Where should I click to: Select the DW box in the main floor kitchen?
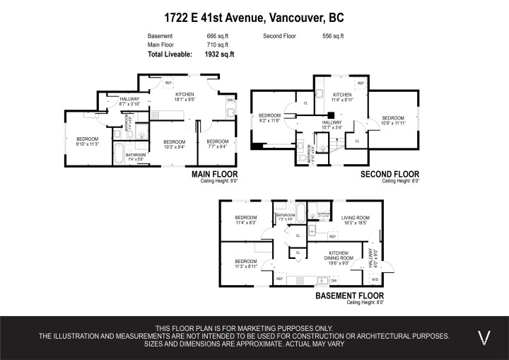click(230, 100)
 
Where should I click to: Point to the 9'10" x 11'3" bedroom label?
click(87, 141)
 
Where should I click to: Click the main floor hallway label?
click(129, 101)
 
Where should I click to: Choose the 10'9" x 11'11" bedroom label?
click(392, 120)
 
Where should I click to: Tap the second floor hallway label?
click(332, 124)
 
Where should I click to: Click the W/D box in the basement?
click(375, 279)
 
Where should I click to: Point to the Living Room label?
click(356, 219)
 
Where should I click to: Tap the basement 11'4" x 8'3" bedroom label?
click(245, 220)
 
